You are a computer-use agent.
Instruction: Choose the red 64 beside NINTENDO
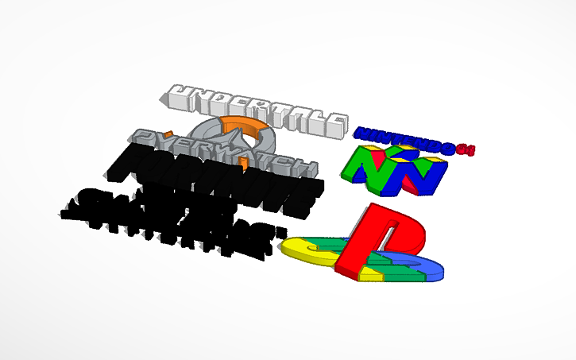465,148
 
